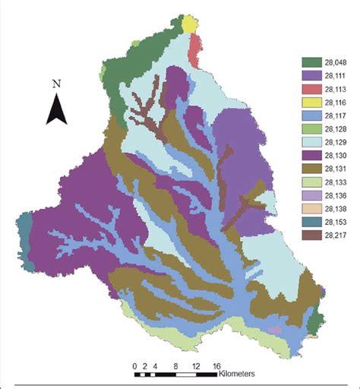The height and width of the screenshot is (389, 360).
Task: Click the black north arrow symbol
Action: click(x=55, y=108)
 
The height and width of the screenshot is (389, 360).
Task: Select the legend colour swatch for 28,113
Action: click(x=310, y=90)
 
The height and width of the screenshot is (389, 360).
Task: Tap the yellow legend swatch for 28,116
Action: click(x=310, y=103)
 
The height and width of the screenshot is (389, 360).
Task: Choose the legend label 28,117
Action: click(x=333, y=115)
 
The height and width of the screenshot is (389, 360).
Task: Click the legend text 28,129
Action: click(x=333, y=141)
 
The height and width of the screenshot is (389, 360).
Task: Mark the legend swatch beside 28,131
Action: click(x=310, y=167)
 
